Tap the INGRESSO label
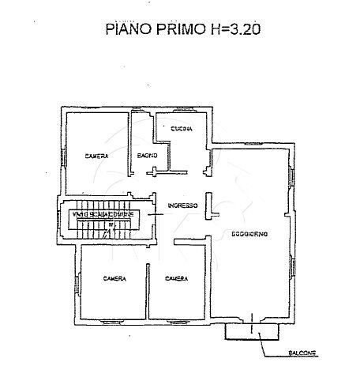[181, 207]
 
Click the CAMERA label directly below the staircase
[115, 278]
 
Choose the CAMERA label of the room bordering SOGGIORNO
[175, 278]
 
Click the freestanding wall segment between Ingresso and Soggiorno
[208, 206]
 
